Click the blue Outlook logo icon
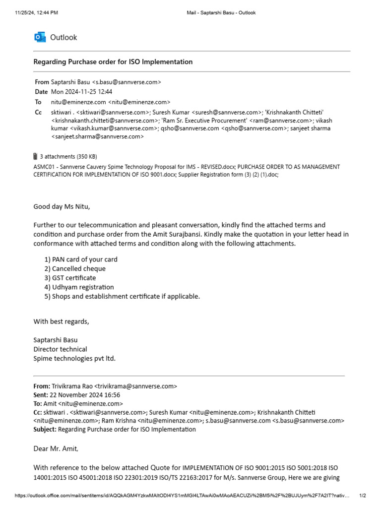point(40,37)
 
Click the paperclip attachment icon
point(36,156)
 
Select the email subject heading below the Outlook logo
point(113,62)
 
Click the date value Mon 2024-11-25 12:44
point(81,92)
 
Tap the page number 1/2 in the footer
point(362,496)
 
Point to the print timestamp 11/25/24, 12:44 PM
point(36,12)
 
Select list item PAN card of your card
point(81,259)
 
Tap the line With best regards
point(61,321)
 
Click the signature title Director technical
point(60,349)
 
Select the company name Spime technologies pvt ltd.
point(74,358)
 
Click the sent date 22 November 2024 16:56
point(84,395)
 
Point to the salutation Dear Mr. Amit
point(56,448)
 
